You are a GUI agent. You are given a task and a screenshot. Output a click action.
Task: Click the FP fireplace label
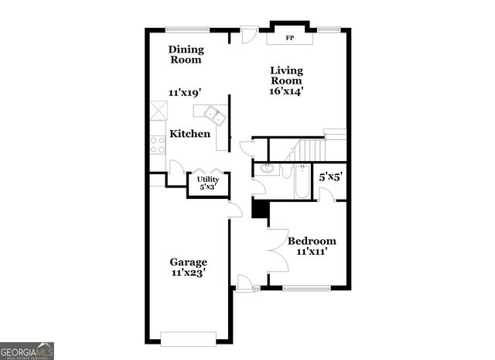coord(290,37)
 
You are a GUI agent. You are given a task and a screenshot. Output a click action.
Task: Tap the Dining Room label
coord(186,54)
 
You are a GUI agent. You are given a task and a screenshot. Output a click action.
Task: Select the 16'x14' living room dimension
coord(286,91)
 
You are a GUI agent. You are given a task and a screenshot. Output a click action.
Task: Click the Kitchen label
coord(190,134)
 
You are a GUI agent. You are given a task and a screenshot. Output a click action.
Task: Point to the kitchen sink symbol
coord(214,117)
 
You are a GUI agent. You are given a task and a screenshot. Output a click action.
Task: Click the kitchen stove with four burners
coord(157,144)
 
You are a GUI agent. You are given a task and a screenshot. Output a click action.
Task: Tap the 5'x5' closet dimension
coord(331,177)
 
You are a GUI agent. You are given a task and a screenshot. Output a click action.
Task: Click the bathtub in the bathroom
coord(301,181)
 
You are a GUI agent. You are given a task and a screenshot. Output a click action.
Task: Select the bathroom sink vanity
coord(268,169)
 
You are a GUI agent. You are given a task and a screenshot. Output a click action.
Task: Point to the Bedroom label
coord(312,241)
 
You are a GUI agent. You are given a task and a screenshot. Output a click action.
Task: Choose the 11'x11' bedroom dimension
coord(312,252)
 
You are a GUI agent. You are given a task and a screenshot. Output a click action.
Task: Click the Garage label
coord(189,262)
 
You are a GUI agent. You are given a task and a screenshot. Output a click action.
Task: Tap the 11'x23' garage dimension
coord(189,273)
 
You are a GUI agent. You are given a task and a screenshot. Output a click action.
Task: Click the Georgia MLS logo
coord(27,350)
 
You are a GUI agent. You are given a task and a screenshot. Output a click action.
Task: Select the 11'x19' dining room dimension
coord(186,91)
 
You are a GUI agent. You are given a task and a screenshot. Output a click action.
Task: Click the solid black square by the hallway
coord(260,209)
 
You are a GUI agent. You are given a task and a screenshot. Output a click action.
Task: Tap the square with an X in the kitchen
coord(158,110)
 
